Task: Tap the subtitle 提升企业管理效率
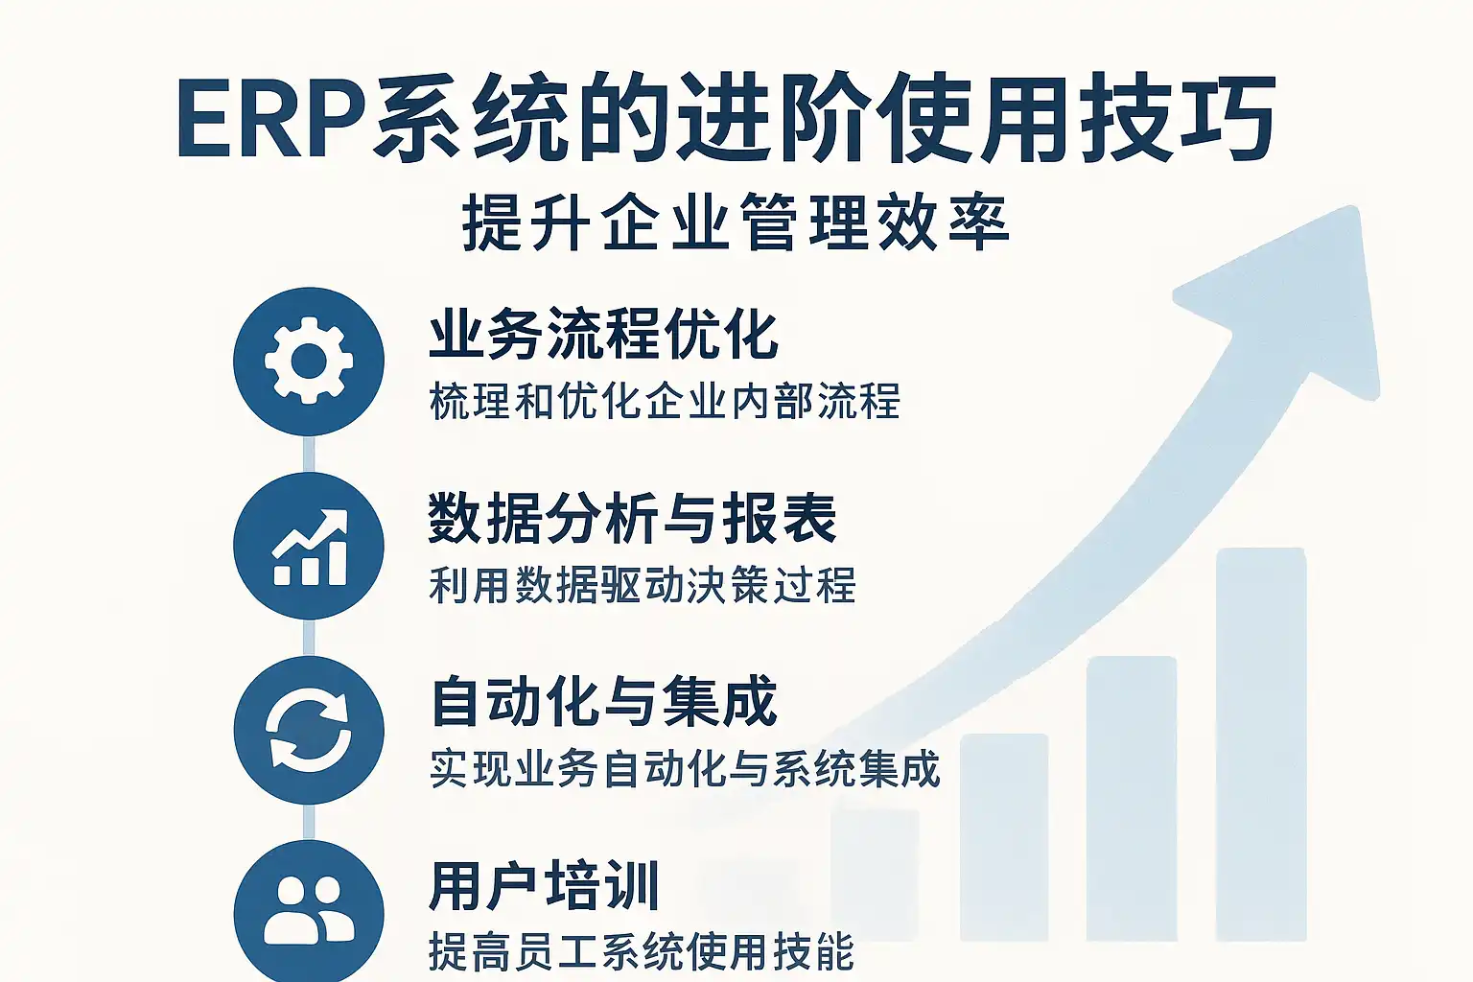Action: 736,222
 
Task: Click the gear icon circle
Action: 309,362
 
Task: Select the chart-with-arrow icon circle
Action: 309,546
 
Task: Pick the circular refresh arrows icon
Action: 309,730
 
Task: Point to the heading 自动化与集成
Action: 603,703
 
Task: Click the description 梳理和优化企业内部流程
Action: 665,401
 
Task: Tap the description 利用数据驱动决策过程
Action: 642,585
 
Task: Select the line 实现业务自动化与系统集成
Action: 685,768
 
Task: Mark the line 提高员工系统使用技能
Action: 642,951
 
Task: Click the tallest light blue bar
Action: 1261,744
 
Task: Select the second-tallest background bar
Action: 1131,799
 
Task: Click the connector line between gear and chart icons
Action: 309,454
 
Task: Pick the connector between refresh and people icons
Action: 309,822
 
